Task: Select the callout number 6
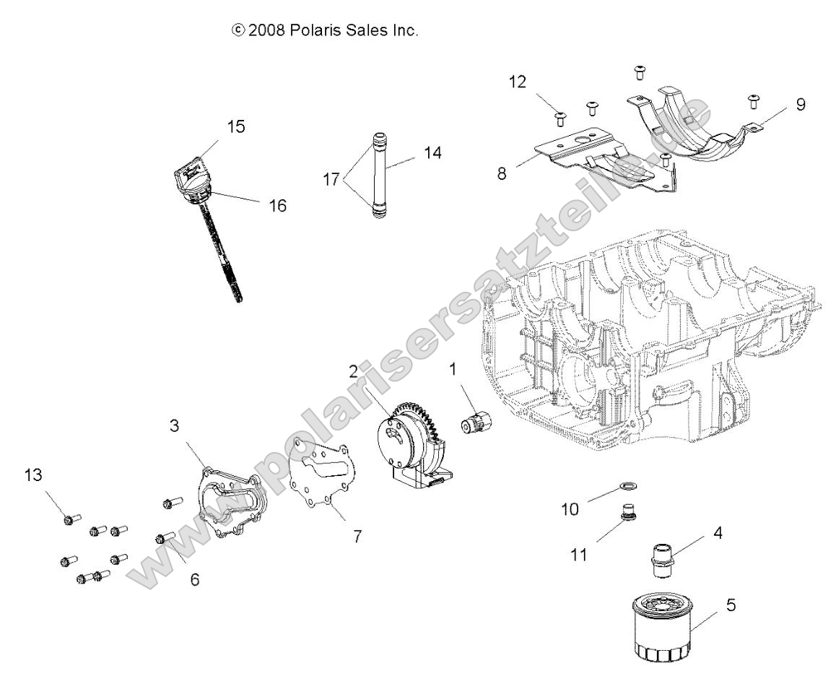pos(195,580)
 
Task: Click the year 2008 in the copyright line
pos(266,31)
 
